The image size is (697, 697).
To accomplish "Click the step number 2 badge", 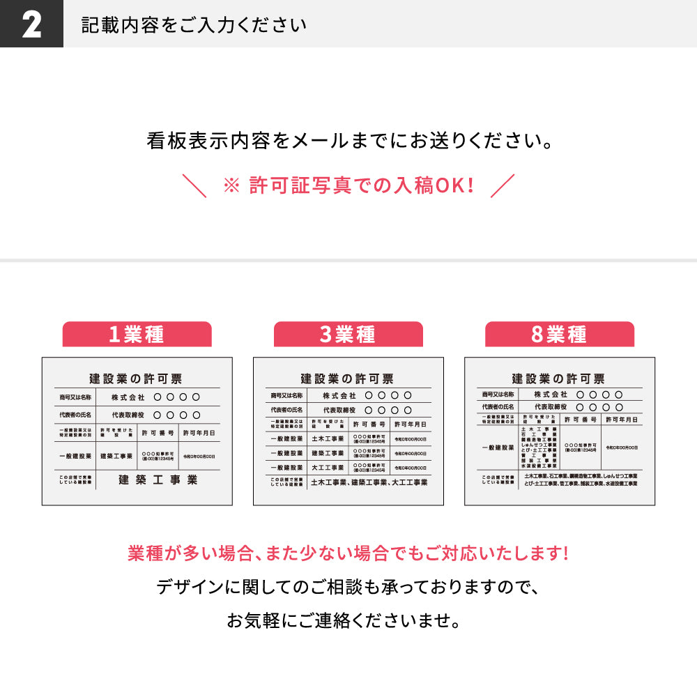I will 31,24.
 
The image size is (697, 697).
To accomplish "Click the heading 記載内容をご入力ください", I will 194,24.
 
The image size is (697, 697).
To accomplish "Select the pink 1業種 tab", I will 137,335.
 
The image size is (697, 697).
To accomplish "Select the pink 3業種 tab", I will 348,335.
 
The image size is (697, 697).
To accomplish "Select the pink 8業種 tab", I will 559,335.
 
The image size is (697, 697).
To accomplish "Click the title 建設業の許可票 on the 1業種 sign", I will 136,378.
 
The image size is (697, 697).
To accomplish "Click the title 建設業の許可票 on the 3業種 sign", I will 347,378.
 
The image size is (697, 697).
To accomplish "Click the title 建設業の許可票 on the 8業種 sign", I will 558,378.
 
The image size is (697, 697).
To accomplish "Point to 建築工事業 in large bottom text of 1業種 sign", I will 158,480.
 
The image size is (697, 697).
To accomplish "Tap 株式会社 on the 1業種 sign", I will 128,397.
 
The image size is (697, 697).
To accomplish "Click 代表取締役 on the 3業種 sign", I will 339,411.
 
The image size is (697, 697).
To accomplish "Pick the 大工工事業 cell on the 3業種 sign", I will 328,468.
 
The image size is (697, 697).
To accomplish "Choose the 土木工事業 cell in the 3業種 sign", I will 328,438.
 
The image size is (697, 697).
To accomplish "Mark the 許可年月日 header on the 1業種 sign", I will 199,433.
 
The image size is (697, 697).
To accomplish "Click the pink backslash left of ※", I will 194,186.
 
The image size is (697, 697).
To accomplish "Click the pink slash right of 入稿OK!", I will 503,185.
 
